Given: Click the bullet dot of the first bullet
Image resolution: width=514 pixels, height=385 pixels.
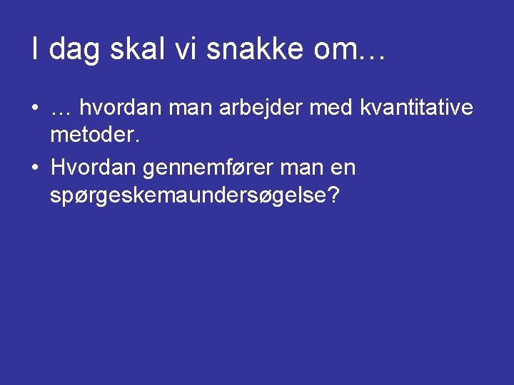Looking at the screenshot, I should pos(34,108).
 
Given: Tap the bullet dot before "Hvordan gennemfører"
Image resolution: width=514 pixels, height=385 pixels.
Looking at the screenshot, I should pos(34,169).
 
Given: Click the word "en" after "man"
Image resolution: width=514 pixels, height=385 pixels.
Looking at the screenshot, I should pos(343,169).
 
